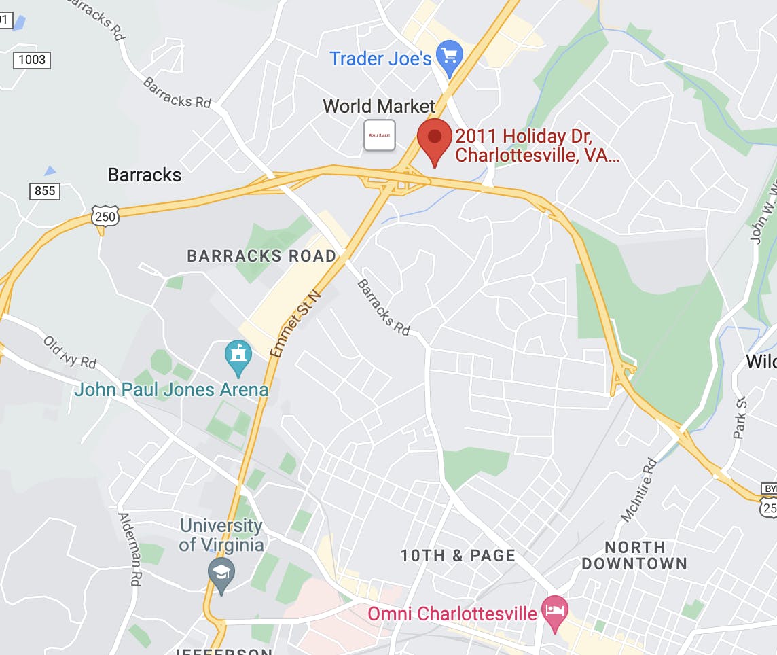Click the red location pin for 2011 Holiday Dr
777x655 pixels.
coord(435,139)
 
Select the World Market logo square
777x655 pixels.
coord(380,135)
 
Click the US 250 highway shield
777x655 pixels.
coord(105,216)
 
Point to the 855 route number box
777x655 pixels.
coord(45,191)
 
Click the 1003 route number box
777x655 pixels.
coord(32,60)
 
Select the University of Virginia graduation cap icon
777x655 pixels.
coord(221,574)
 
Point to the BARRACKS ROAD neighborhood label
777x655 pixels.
coord(261,256)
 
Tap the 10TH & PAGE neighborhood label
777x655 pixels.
coord(458,555)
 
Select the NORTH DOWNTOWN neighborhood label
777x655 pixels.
coord(634,555)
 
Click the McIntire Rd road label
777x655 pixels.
coord(639,490)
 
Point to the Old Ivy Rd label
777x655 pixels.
coord(70,352)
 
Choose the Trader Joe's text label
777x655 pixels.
coord(380,58)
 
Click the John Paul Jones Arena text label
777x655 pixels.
coord(171,390)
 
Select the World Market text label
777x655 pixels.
coord(378,106)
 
